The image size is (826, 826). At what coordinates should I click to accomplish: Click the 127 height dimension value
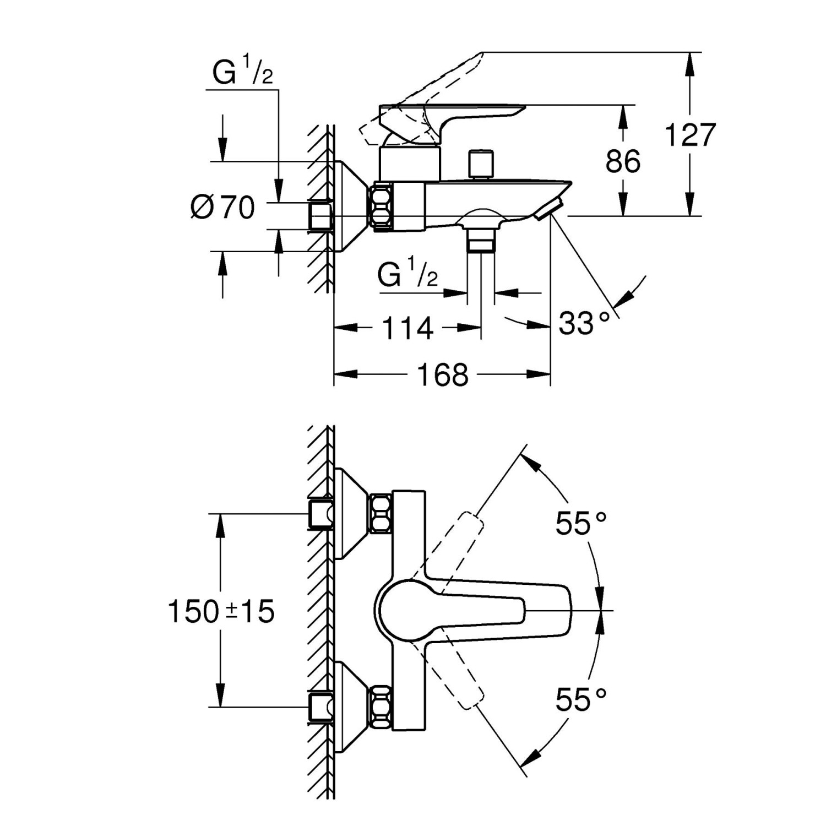click(x=691, y=135)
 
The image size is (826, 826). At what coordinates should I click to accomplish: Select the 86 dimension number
click(x=623, y=161)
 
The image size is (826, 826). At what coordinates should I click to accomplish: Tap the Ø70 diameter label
click(x=223, y=208)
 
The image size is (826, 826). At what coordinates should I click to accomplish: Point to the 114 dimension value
click(x=407, y=329)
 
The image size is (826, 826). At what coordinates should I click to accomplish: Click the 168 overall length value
click(x=443, y=375)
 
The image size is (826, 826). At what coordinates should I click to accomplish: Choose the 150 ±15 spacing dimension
click(x=221, y=611)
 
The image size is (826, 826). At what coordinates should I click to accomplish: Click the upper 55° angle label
click(x=580, y=523)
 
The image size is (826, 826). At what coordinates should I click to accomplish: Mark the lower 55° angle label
click(x=580, y=700)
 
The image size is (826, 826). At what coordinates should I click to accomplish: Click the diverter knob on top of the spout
click(x=480, y=163)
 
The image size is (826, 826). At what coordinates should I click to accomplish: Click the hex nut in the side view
click(x=382, y=206)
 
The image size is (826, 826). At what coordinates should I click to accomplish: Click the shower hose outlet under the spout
click(x=481, y=240)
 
